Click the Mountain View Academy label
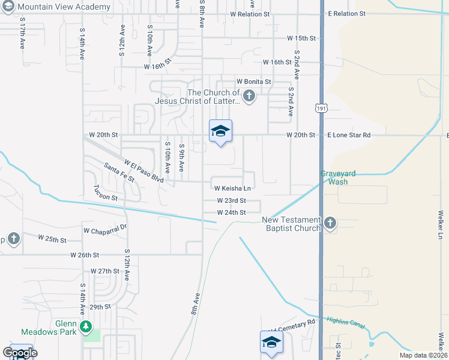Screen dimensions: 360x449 [x=64, y=7]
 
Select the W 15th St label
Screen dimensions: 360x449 [x=301, y=38]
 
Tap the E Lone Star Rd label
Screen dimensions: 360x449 [x=349, y=135]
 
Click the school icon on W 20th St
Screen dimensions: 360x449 [x=220, y=131]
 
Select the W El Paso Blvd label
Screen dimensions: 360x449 [x=143, y=171]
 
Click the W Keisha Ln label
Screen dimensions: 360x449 [x=232, y=188]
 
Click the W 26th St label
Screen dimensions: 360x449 [x=84, y=255]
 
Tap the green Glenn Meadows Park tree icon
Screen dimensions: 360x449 [x=86, y=326]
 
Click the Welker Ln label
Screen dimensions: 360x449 [x=440, y=225]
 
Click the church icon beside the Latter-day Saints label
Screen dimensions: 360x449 [x=249, y=95]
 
